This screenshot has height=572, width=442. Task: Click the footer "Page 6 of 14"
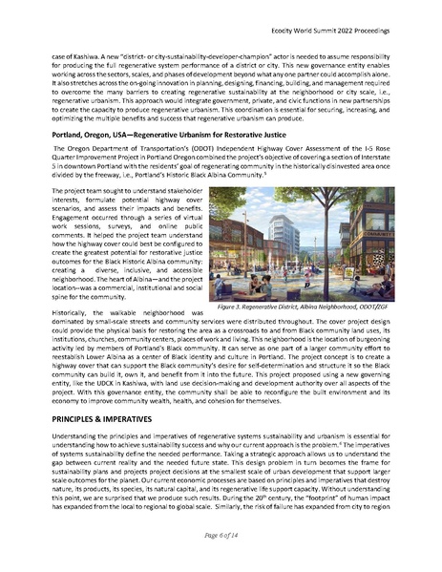point(221,540)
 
